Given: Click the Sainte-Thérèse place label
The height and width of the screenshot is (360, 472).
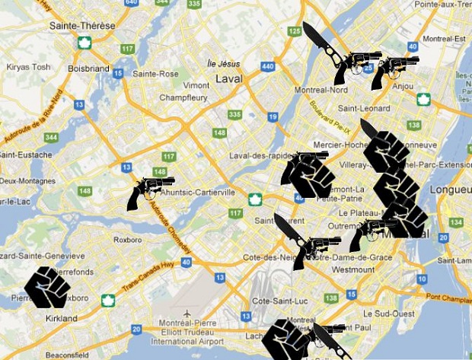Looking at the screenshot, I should click(82, 25).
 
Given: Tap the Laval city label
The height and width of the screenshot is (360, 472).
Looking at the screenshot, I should click(228, 78).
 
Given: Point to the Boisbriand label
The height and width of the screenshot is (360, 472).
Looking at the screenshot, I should click(88, 68).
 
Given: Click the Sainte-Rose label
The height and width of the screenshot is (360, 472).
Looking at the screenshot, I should click(155, 74).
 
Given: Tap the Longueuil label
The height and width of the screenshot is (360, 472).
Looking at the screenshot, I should click(450, 189).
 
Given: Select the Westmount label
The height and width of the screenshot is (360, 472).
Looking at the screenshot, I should click(353, 269).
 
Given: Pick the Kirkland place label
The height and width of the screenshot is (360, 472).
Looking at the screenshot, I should click(61, 318).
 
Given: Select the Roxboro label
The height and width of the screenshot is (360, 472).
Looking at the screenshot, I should click(127, 239).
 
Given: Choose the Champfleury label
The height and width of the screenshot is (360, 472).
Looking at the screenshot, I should click(183, 97).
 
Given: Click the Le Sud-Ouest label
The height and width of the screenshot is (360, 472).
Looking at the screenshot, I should click(387, 313).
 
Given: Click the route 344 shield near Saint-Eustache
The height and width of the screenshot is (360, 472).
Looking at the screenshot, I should click(51, 137).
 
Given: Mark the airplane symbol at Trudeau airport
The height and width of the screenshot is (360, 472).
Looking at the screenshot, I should click(187, 314).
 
